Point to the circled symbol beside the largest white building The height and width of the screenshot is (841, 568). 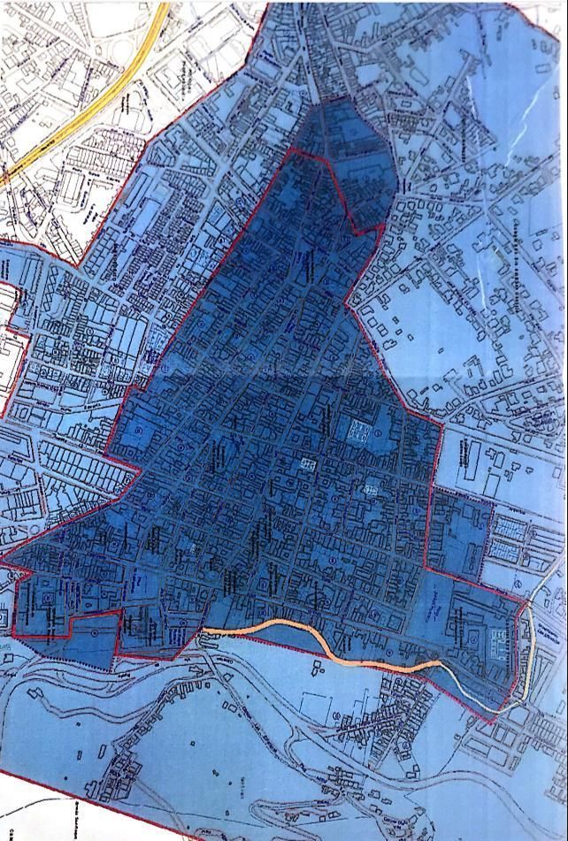[x=379, y=433]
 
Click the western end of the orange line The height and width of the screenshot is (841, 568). [x=205, y=631]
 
